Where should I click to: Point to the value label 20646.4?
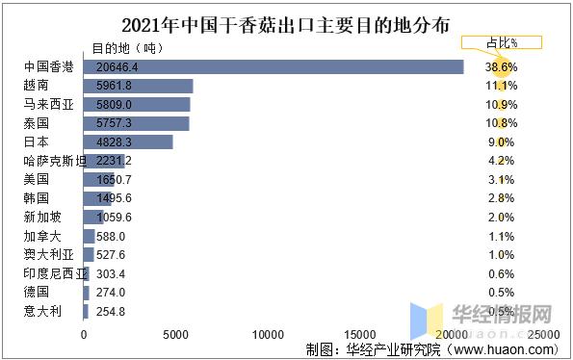tap(119, 66)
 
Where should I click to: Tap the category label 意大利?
tap(40, 310)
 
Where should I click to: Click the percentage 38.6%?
tap(502, 66)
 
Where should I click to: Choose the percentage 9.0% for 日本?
tap(502, 141)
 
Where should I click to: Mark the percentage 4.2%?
tap(502, 161)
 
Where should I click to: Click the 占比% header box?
tap(502, 42)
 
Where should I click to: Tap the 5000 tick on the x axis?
tap(175, 334)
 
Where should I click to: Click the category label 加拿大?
tap(40, 235)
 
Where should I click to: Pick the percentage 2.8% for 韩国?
tap(502, 197)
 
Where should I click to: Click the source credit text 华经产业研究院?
tap(385, 349)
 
